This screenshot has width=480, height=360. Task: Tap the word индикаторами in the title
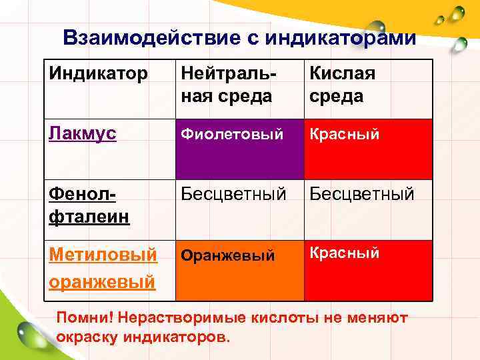(x=340, y=37)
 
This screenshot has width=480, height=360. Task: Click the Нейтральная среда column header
(x=227, y=84)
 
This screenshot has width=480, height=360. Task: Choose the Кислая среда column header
(x=342, y=84)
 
